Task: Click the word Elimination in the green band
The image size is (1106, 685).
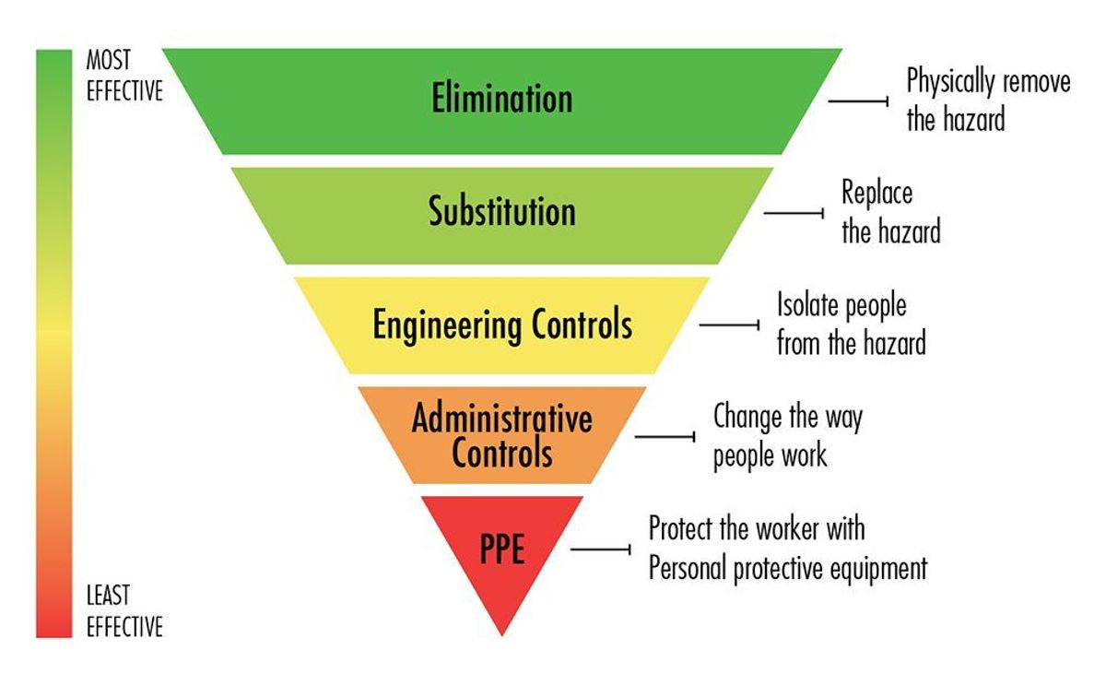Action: click(502, 98)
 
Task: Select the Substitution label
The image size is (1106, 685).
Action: click(502, 211)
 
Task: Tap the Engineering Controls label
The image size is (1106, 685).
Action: click(502, 325)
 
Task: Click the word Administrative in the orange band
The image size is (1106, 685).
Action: click(502, 419)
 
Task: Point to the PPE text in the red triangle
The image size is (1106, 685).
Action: click(502, 549)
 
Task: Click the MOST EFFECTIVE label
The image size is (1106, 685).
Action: click(124, 76)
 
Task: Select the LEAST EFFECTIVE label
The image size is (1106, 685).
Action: click(124, 610)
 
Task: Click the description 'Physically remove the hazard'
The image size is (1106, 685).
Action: click(988, 99)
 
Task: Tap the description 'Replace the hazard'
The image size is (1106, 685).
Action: click(890, 211)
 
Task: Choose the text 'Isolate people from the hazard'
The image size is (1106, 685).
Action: click(851, 325)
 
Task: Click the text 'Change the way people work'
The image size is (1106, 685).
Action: click(788, 435)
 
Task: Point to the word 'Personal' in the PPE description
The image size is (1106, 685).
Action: click(688, 569)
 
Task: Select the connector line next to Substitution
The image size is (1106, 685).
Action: click(794, 213)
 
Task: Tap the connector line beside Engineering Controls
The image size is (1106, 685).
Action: click(729, 325)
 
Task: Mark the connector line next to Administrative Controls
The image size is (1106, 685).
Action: click(665, 436)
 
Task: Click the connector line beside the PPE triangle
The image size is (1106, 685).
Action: click(600, 549)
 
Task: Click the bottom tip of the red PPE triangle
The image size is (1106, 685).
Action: click(502, 633)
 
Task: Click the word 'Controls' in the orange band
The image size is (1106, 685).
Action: click(502, 453)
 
